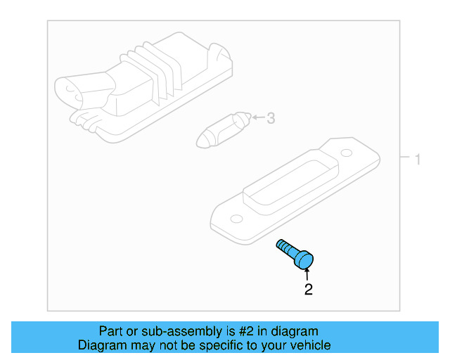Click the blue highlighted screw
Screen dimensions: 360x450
(296, 255)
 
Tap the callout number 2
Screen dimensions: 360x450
(308, 289)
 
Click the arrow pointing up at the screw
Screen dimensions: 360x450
(307, 274)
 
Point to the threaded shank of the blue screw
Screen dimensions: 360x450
(285, 247)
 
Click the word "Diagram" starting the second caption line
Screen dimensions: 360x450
(99, 345)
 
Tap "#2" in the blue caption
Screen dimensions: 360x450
(245, 331)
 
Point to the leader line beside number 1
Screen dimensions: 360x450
(405, 160)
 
